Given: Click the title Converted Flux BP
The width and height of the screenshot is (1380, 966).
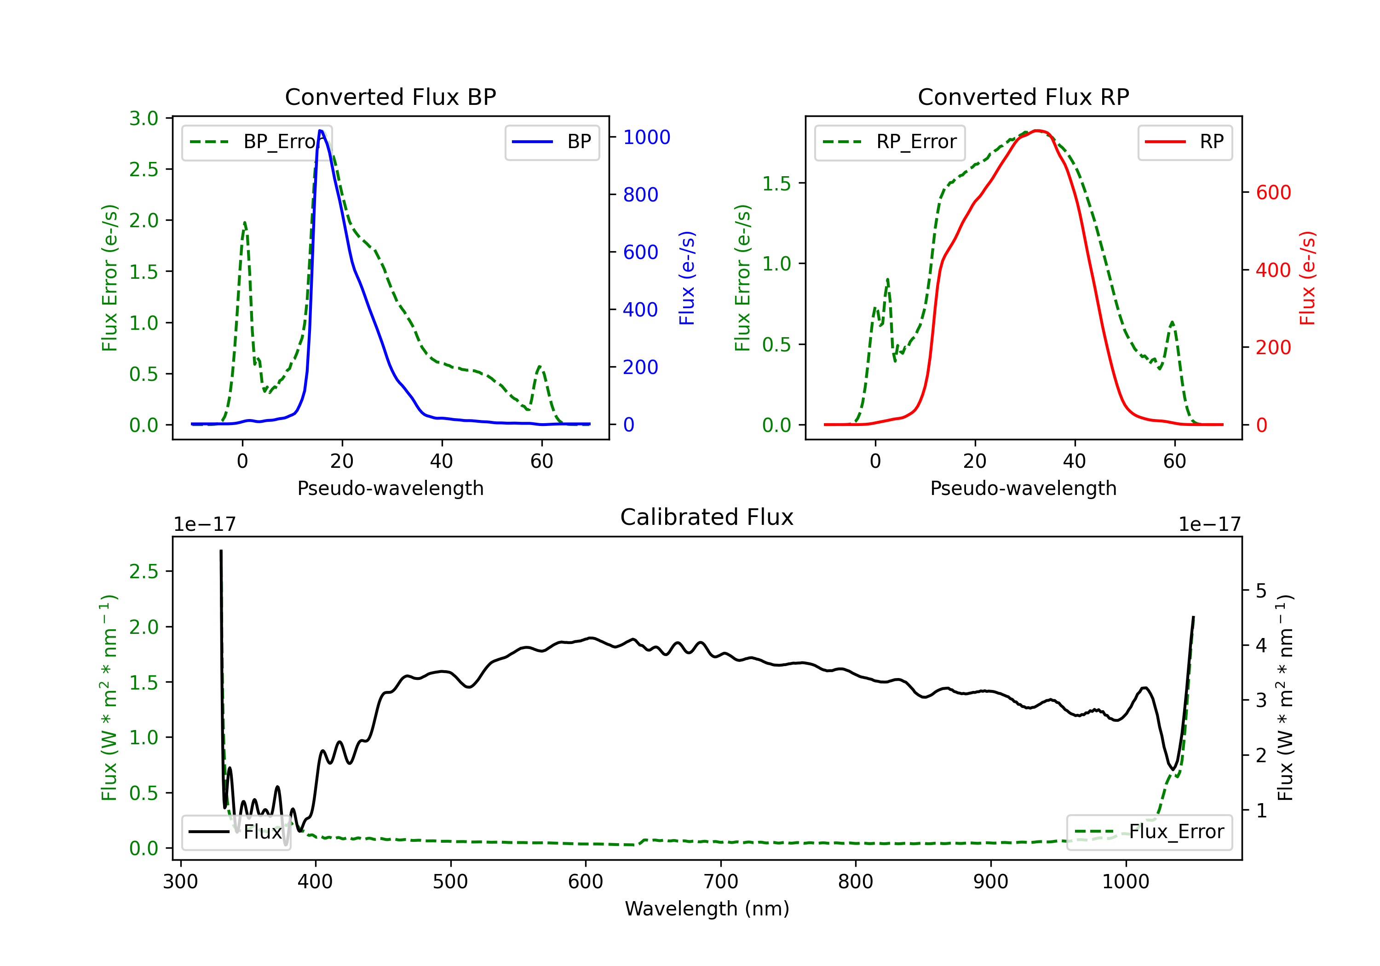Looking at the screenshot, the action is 390,97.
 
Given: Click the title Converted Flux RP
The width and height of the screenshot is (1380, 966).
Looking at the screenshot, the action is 1023,97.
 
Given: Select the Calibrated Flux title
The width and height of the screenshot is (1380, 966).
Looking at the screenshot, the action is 707,517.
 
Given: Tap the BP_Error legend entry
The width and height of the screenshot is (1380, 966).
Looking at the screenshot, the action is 257,142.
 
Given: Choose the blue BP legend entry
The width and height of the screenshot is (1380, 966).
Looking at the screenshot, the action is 552,142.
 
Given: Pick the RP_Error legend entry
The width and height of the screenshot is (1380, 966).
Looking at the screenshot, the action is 890,142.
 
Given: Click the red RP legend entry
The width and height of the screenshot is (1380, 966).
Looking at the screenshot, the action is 1184,142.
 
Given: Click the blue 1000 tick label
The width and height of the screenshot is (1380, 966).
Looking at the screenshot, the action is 646,137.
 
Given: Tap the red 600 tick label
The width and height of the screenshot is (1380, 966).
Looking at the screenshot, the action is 1273,192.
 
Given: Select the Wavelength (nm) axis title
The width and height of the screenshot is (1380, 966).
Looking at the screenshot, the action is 707,908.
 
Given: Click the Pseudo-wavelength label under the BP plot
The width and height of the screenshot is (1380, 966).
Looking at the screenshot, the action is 390,488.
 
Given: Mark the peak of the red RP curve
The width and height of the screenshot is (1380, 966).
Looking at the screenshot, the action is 1037,131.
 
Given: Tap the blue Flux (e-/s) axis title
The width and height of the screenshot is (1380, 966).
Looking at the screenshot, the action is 686,278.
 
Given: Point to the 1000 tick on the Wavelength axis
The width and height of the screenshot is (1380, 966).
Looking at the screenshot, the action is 1125,882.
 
